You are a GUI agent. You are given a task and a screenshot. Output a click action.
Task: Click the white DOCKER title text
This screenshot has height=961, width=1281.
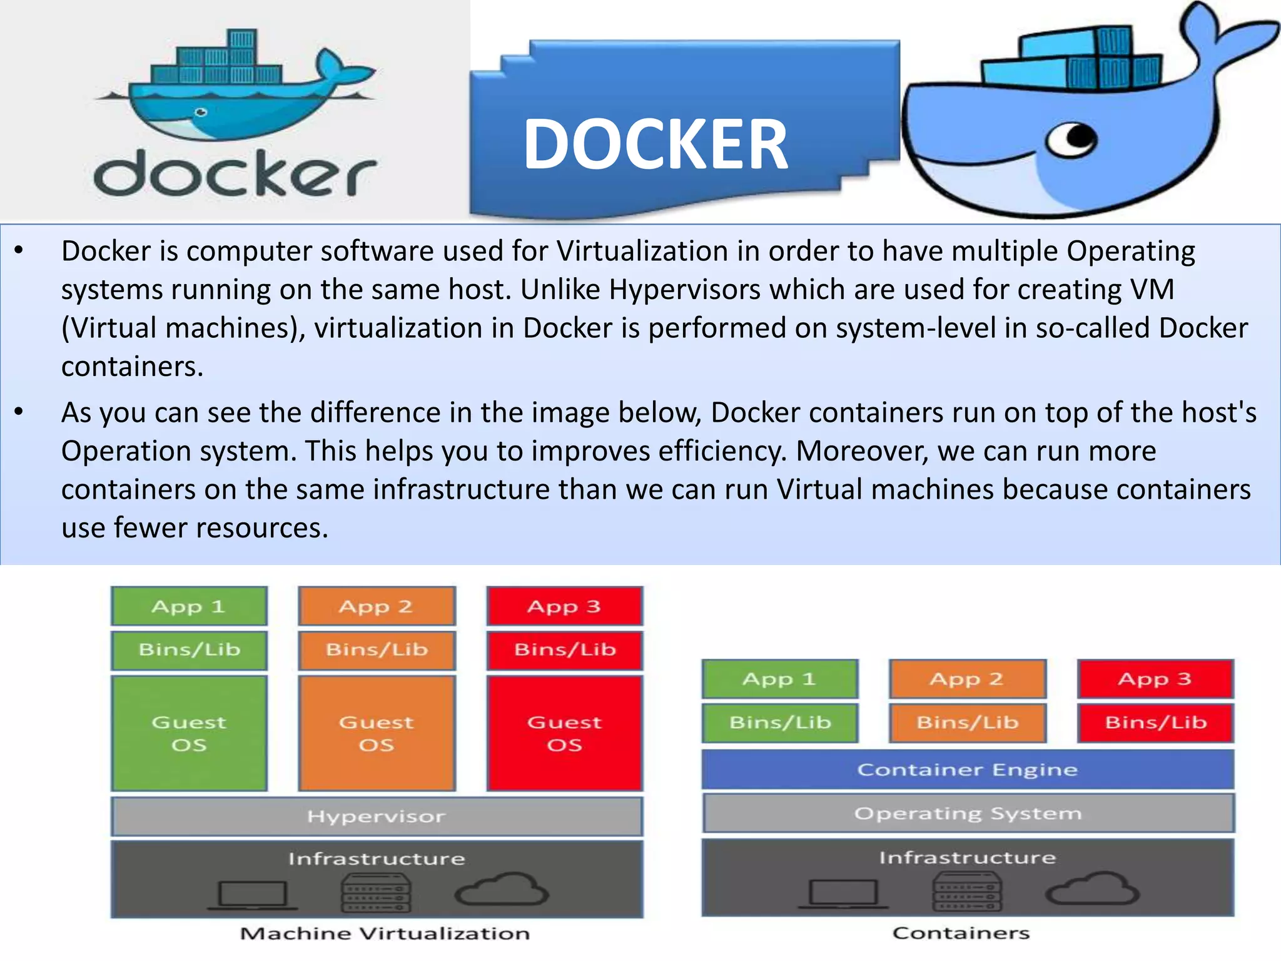[655, 145]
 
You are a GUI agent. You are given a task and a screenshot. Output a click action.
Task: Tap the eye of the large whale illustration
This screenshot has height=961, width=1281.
[1073, 139]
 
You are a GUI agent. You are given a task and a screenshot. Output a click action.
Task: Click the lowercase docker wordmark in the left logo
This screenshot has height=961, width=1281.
[235, 174]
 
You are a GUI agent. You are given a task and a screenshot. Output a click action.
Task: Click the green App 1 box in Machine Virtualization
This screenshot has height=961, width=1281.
[189, 606]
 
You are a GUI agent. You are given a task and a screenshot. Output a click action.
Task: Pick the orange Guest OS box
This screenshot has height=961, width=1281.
[377, 733]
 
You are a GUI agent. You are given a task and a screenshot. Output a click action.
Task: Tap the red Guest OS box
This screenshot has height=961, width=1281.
[564, 733]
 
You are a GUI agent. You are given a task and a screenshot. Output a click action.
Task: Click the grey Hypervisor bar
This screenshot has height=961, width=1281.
[377, 816]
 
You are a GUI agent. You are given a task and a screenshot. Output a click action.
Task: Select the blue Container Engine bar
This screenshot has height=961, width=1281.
[967, 770]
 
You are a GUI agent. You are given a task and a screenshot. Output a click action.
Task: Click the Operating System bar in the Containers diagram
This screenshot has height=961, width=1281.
[968, 813]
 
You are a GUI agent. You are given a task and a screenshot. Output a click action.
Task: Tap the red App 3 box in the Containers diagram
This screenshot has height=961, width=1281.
[1155, 679]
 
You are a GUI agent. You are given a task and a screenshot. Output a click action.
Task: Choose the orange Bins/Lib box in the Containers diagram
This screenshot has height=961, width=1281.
[967, 723]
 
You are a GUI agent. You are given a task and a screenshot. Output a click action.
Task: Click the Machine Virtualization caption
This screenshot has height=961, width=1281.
[385, 933]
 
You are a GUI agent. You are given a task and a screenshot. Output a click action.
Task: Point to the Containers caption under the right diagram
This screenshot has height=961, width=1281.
[961, 933]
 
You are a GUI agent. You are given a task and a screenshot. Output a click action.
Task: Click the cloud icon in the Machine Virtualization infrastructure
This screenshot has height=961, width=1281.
[502, 890]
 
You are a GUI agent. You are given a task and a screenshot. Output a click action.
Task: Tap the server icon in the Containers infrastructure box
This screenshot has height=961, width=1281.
[967, 892]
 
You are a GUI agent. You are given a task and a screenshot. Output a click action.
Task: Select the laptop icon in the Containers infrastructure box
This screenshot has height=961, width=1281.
[843, 894]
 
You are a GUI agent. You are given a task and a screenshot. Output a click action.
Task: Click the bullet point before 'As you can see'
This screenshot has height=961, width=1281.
[19, 412]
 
